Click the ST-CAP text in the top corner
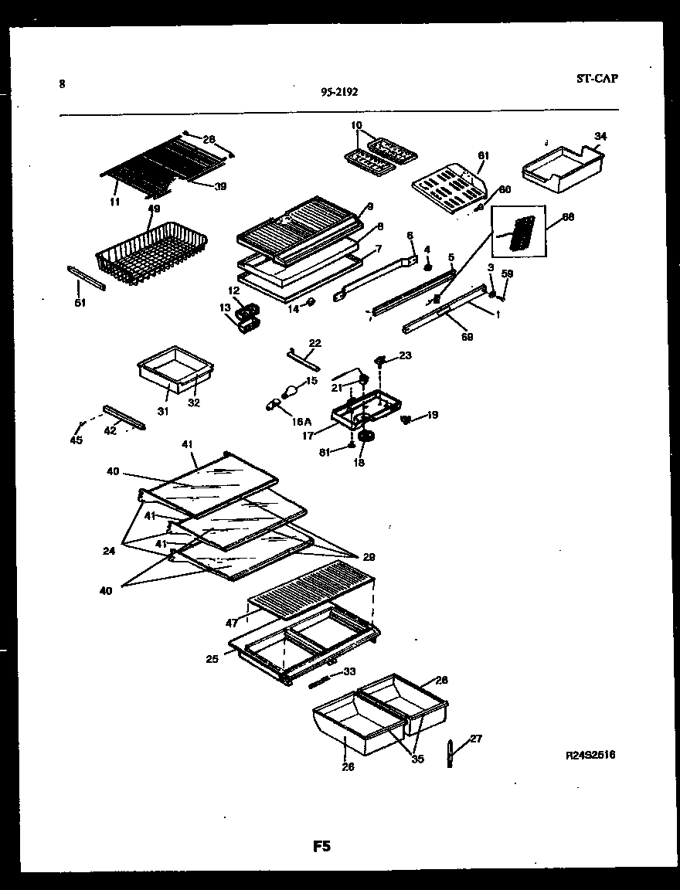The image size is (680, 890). point(597,78)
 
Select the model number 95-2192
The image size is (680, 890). point(339,92)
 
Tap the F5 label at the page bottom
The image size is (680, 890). point(321,847)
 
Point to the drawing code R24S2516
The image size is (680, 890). point(590,755)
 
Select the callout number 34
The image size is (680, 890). point(600,137)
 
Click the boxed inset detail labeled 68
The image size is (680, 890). point(518,232)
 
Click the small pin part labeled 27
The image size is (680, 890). point(450,754)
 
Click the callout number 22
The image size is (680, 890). point(314,343)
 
